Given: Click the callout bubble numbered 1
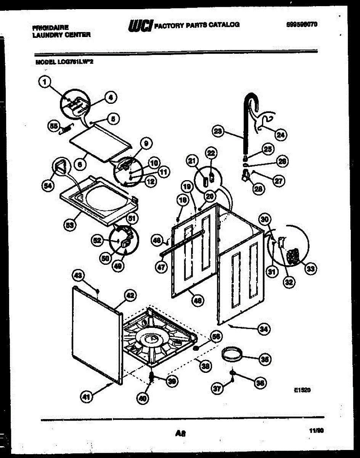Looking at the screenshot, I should pos(45,81).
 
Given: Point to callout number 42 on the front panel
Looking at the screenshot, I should pos(130,295).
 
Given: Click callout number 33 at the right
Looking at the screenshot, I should pos(311,269).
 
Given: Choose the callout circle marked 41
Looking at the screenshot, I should pos(87,397).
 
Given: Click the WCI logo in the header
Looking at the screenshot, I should pos(141,25).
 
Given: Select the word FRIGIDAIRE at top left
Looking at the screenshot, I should pos(51,28).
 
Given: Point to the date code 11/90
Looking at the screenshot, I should pos(316,431).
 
